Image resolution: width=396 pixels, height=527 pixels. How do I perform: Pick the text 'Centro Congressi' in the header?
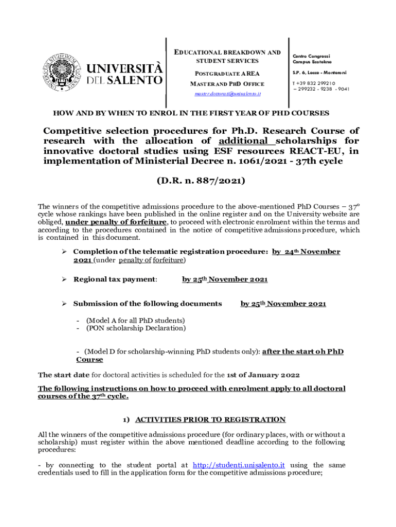[311, 56]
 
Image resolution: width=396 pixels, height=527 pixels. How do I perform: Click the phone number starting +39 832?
[314, 83]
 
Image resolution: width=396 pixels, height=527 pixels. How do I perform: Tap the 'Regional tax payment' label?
[115, 279]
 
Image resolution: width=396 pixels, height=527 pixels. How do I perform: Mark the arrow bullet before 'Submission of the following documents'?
[64, 304]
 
